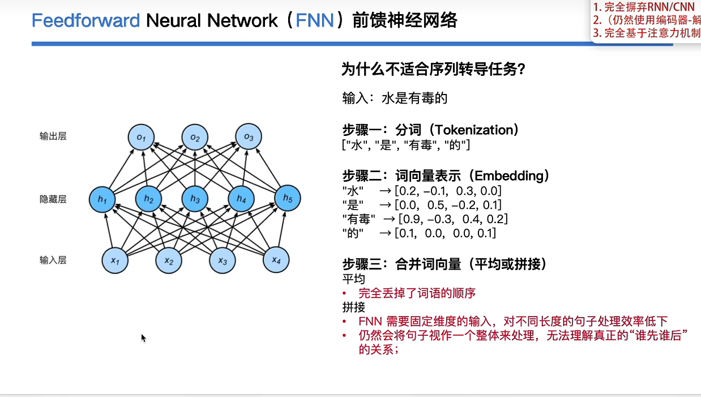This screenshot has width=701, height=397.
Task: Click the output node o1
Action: [x=142, y=137]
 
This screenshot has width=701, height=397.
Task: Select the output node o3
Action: [x=249, y=137]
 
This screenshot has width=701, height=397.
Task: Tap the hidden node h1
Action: [x=102, y=199]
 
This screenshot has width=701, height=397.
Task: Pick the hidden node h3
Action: [x=195, y=199]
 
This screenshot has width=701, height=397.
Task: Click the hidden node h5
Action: [x=287, y=198]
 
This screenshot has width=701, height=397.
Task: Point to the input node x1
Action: [x=116, y=261]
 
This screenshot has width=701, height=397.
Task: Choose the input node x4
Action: [x=276, y=260]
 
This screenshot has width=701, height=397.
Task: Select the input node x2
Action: [x=169, y=261]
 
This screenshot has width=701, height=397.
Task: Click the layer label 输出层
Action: [x=53, y=136]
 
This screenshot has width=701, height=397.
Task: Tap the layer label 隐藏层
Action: [x=53, y=199]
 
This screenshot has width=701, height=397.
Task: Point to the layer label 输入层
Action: [x=53, y=260]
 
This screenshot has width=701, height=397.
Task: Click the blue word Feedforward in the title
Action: [x=86, y=21]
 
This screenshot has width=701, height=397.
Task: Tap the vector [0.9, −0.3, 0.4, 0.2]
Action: [x=453, y=219]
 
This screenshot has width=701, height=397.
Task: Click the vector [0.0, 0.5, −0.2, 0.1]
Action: [x=448, y=204]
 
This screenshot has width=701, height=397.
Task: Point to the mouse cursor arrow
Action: [x=143, y=338]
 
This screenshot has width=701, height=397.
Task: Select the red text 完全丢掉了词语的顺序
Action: [x=417, y=293]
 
